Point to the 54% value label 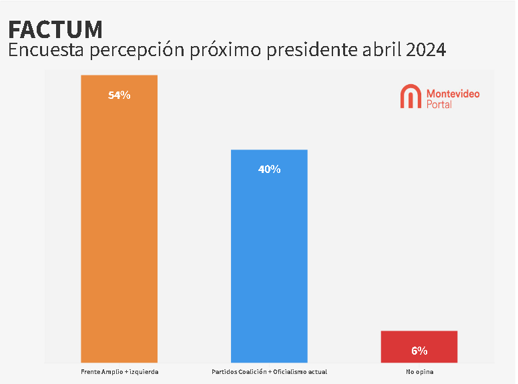click(119, 95)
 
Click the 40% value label click(269, 170)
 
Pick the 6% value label click(419, 351)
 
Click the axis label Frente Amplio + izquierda click(119, 371)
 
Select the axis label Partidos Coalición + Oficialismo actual click(269, 371)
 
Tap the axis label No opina click(419, 371)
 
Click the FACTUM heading click(55, 29)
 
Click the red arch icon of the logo click(410, 97)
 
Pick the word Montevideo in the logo click(453, 93)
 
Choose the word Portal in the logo click(439, 104)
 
